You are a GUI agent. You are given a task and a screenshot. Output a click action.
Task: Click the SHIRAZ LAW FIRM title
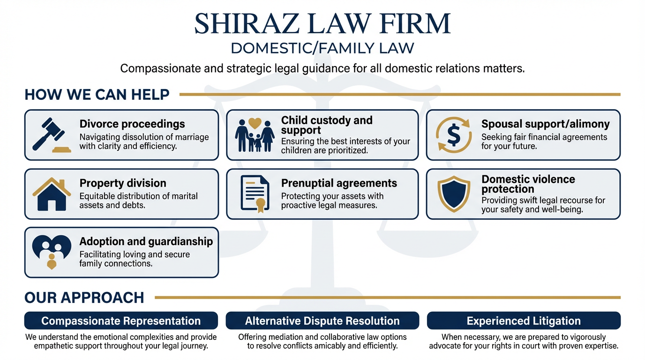(322, 23)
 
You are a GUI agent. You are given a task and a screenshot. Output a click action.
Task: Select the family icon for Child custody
(255, 135)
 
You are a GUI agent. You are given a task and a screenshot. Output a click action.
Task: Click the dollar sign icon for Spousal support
(453, 135)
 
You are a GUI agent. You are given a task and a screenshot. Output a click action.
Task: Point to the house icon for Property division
(51, 194)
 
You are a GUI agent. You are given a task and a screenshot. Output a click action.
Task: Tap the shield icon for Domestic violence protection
(453, 194)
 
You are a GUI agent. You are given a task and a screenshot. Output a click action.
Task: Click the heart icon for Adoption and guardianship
(51, 252)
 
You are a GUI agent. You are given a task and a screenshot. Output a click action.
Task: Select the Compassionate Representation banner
(121, 321)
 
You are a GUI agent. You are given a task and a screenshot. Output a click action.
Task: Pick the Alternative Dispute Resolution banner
(322, 321)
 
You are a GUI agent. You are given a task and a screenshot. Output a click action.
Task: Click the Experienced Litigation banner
(524, 321)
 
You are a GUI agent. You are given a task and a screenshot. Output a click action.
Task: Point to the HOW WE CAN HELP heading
(97, 95)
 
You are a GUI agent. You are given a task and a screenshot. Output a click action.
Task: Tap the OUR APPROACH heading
(84, 298)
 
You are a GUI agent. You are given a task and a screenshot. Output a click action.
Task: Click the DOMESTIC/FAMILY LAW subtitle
(322, 48)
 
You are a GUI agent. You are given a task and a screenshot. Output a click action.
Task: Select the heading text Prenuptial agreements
(339, 183)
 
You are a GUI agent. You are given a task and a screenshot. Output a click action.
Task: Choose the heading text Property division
(123, 183)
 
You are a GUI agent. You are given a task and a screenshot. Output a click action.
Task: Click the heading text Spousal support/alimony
(546, 124)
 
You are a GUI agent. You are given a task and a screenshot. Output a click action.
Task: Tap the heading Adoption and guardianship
(146, 241)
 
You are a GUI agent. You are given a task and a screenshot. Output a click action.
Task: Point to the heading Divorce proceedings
(132, 124)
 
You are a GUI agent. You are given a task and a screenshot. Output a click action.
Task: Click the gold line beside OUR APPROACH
(387, 298)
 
